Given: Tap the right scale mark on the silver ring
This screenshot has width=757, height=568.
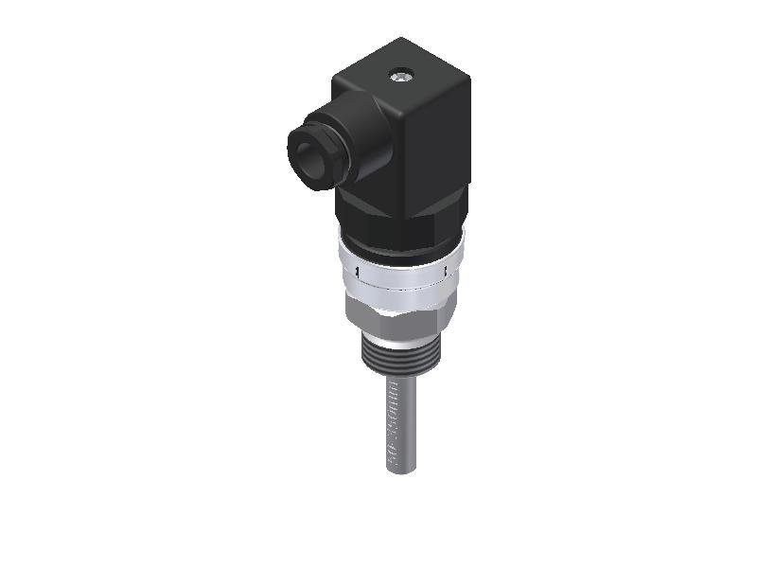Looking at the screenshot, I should tap(446, 274).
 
